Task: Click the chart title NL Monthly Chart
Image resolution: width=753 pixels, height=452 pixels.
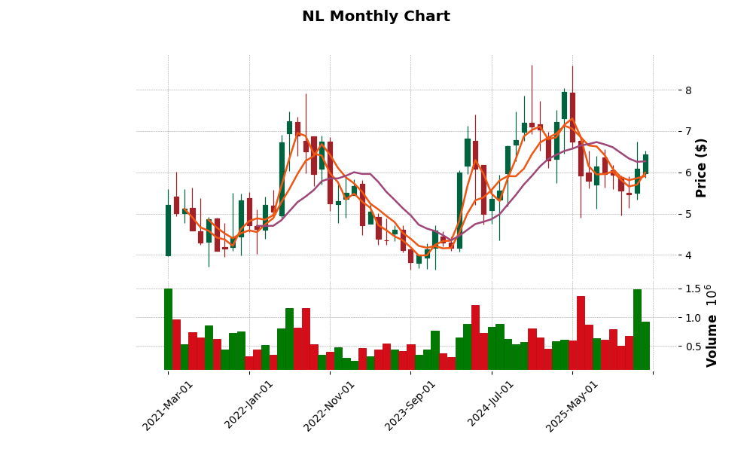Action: [x=376, y=17]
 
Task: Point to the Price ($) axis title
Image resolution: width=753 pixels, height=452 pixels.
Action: [x=701, y=167]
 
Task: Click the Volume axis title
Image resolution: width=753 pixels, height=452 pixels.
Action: [x=712, y=325]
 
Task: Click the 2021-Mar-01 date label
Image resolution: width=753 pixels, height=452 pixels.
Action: [x=168, y=405]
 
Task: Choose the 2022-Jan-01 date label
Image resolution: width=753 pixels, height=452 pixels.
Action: [x=249, y=405]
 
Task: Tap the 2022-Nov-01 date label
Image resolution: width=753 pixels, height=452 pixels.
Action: [x=329, y=405]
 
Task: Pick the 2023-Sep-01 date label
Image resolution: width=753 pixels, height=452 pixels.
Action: [x=410, y=405]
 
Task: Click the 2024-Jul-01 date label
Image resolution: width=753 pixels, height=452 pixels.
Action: [x=491, y=405]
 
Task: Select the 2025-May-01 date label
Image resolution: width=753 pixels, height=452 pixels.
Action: [x=572, y=405]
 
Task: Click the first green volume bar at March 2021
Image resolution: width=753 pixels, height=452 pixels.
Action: [x=168, y=329]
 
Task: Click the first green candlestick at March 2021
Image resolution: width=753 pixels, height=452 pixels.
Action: [x=168, y=231]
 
